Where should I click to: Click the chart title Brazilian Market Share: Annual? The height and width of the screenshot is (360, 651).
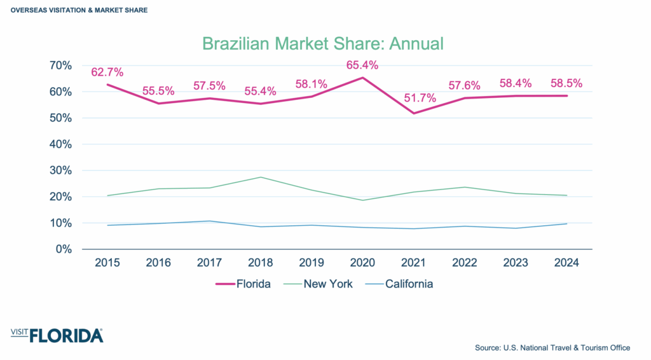322,43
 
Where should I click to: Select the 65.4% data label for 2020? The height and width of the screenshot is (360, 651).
362,65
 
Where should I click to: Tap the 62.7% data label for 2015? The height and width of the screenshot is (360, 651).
107,72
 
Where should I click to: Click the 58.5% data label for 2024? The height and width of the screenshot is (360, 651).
566,83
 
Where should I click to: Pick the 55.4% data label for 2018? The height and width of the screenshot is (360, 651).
261,91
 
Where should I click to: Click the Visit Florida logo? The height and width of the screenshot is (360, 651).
57,335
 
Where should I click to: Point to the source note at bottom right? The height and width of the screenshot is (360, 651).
552,348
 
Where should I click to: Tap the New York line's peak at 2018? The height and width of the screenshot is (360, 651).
261,177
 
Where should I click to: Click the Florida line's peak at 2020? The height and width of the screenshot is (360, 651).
362,78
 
